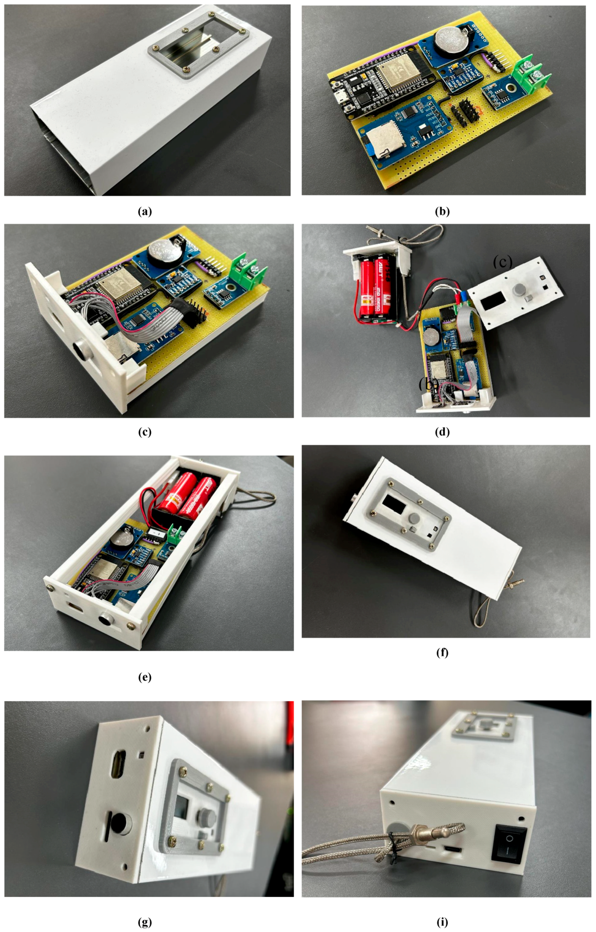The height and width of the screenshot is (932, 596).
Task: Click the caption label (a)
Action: [x=145, y=212]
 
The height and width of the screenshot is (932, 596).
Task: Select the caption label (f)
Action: [x=442, y=652]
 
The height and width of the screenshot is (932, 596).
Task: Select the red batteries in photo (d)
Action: [x=373, y=288]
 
